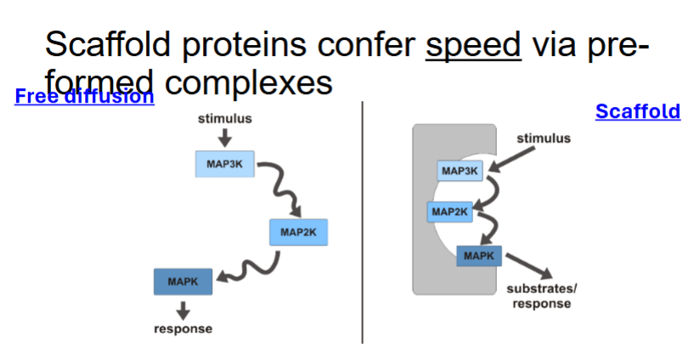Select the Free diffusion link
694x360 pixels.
pyautogui.click(x=84, y=96)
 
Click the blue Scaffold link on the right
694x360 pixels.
pyautogui.click(x=637, y=111)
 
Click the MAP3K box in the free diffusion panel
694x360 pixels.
pyautogui.click(x=225, y=163)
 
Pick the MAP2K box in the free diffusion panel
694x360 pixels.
pyautogui.click(x=298, y=232)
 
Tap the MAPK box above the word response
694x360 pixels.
pyautogui.click(x=183, y=282)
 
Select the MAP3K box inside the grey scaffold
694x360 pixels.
pyautogui.click(x=460, y=172)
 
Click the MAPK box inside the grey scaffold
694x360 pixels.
pyautogui.click(x=478, y=254)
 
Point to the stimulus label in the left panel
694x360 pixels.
pyautogui.click(x=224, y=119)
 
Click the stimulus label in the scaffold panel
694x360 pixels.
pyautogui.click(x=544, y=138)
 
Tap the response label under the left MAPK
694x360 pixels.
pyautogui.click(x=183, y=329)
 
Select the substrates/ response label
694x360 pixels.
pyautogui.click(x=541, y=295)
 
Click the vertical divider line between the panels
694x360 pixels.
pyautogui.click(x=362, y=221)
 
